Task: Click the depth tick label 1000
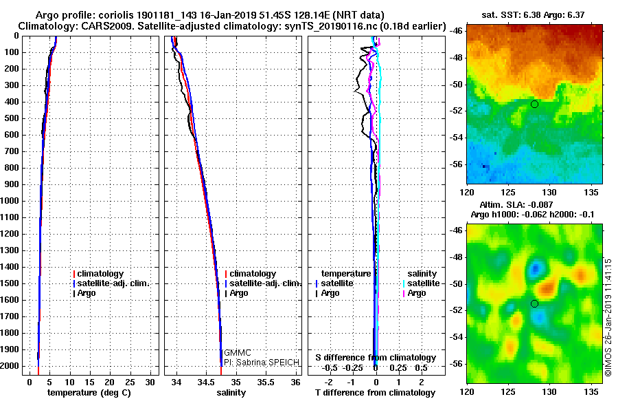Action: pyautogui.click(x=12, y=201)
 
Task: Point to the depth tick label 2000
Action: pyautogui.click(x=12, y=366)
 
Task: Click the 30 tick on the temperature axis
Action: pyautogui.click(x=151, y=382)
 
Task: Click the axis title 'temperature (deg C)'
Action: pyautogui.click(x=89, y=392)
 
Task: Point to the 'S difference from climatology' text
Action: pyautogui.click(x=376, y=358)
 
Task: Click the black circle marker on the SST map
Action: pyautogui.click(x=534, y=104)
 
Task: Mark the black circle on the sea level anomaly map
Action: pyautogui.click(x=534, y=303)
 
